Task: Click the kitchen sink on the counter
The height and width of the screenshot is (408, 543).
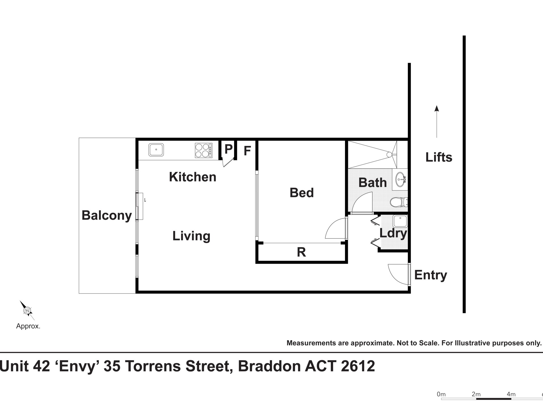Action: (156, 150)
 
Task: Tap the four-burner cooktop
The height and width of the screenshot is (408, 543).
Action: (203, 150)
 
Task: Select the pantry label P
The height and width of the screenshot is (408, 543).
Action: (229, 149)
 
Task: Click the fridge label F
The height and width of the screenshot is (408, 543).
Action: (247, 151)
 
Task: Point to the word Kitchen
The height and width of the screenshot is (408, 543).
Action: (193, 177)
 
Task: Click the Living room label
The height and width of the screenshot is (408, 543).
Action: (191, 236)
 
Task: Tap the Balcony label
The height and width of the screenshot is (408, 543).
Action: (107, 215)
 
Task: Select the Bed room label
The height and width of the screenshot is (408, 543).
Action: (302, 193)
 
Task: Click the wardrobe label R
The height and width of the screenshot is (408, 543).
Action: (301, 252)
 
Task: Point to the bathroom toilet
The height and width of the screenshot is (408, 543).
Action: (399, 202)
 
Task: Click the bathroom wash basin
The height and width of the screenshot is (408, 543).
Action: (401, 179)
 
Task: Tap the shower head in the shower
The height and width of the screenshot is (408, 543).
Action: (389, 155)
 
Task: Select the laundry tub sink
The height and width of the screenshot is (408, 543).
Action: (400, 221)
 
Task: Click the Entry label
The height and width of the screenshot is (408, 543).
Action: (431, 275)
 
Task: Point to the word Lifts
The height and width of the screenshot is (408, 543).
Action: (439, 157)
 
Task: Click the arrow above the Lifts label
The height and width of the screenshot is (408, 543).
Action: (437, 122)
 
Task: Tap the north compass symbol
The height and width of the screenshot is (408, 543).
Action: (27, 311)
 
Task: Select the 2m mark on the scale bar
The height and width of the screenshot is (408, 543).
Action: (476, 394)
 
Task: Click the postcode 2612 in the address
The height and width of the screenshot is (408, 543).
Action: (358, 366)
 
